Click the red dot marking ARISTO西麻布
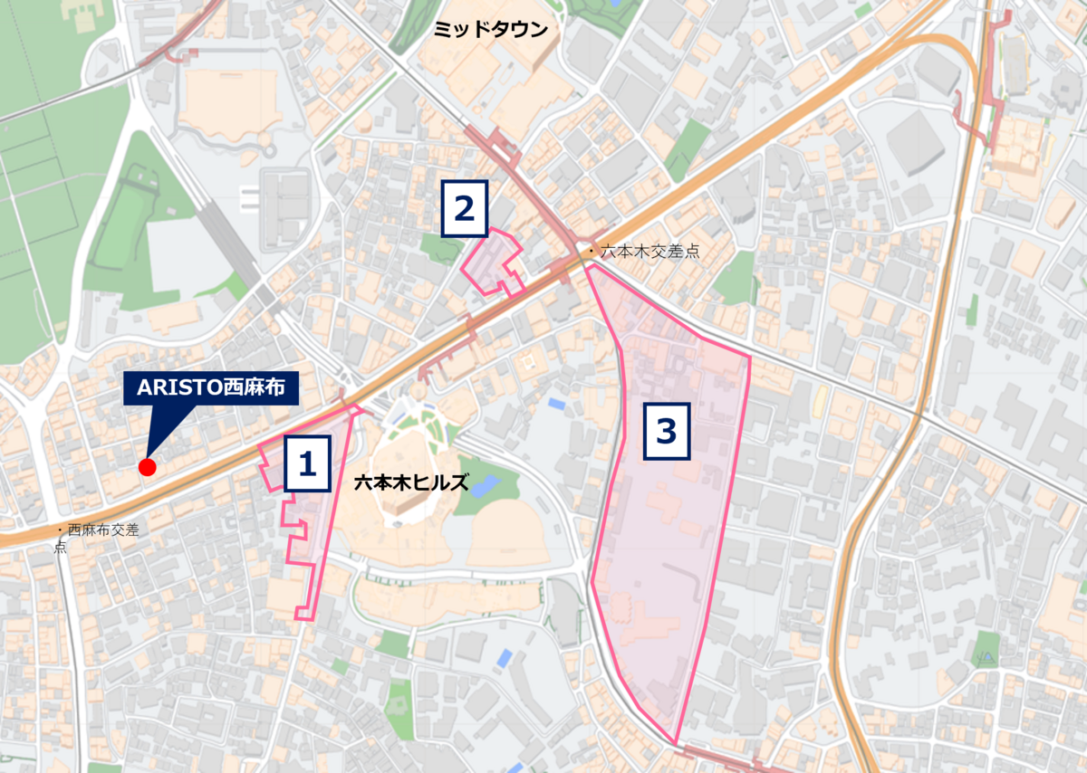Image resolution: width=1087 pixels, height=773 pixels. point(147,467)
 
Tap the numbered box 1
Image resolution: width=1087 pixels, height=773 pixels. point(307,464)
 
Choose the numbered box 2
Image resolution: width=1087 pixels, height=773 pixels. point(465,209)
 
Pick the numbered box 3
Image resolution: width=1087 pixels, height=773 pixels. point(667,432)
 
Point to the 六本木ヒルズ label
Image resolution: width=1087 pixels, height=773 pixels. point(411,482)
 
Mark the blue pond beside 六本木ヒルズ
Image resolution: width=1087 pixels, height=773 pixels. point(484,485)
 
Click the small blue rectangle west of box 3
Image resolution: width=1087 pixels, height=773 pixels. point(556,402)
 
